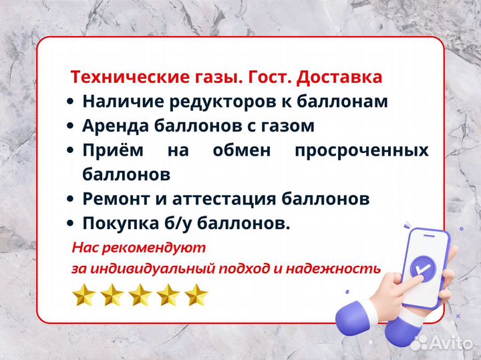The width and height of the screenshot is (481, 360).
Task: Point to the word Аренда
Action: coord(115,126)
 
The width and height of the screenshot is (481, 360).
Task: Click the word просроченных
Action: coord(361,150)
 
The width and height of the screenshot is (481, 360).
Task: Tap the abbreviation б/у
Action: coord(182,223)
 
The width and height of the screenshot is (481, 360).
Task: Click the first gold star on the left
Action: coord(84,295)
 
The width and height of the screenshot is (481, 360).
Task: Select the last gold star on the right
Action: coord(196,295)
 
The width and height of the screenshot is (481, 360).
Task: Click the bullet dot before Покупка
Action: coord(70,224)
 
